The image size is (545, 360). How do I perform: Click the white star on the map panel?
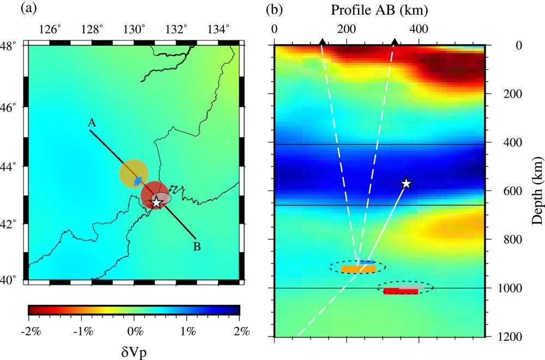[x=157, y=203]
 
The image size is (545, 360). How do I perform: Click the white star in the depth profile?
[x=406, y=184]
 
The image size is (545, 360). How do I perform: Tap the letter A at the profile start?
[x=92, y=123]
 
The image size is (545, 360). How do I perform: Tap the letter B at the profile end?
[x=197, y=247]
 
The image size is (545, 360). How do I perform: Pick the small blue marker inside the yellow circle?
[x=138, y=180]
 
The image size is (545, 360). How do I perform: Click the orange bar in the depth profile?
[x=355, y=269]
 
